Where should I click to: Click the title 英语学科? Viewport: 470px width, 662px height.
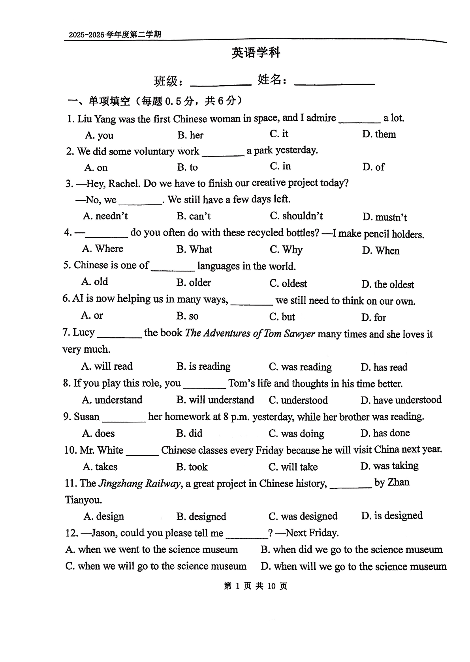256,52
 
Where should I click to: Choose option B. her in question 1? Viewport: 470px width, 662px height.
190,135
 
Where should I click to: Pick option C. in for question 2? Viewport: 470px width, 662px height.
280,166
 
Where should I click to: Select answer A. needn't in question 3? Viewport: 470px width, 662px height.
105,216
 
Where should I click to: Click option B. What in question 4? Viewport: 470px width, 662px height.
194,249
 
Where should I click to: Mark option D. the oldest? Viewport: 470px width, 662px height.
387,284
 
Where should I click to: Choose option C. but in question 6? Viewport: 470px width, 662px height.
282,317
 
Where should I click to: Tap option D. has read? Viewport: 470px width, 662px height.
384,367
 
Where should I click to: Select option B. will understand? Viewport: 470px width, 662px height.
215,400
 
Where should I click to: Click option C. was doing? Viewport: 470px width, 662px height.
296,434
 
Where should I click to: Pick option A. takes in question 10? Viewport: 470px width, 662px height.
100,467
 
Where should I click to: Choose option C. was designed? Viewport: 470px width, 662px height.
303,516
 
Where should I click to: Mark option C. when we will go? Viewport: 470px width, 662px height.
156,566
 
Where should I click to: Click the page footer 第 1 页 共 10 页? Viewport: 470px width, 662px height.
255,586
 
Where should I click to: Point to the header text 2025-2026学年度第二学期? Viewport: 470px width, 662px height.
115,35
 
